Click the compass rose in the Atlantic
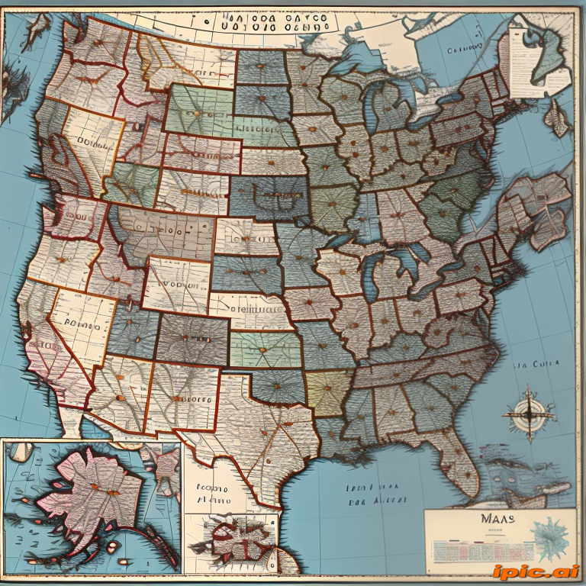[x=527, y=414]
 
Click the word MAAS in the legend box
[x=498, y=519]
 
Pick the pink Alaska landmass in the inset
[x=95, y=496]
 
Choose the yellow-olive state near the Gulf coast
[x=328, y=393]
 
